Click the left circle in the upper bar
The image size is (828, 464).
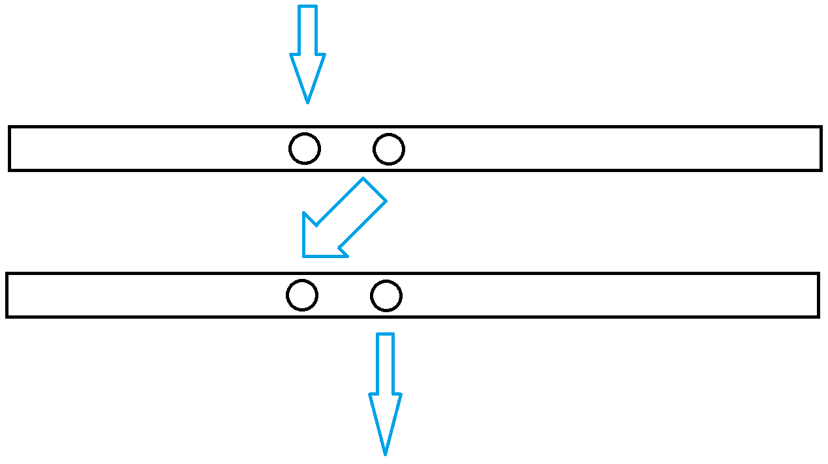click(305, 149)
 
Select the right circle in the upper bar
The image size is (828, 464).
click(389, 149)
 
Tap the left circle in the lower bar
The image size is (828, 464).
click(302, 295)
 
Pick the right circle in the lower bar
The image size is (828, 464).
click(386, 296)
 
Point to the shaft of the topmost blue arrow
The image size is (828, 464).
click(307, 30)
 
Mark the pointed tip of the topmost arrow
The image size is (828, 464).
click(307, 102)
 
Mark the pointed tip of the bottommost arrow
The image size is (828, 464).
click(385, 454)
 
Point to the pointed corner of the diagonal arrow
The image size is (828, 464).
click(303, 256)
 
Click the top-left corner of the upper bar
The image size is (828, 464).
click(9, 127)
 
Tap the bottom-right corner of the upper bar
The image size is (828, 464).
click(821, 170)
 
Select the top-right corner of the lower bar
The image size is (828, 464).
click(818, 274)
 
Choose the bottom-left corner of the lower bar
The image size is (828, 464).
click(7, 317)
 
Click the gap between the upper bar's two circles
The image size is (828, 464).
click(347, 149)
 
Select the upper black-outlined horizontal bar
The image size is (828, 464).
click(587, 149)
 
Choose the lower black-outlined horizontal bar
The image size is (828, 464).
click(587, 295)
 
